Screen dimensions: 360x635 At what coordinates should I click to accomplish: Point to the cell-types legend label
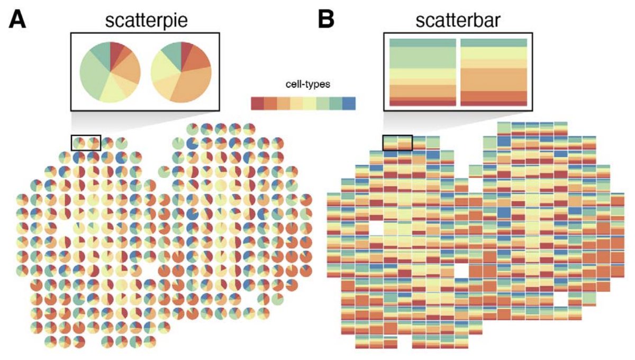tap(303, 85)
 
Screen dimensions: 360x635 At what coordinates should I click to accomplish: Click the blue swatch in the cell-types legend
tap(349, 103)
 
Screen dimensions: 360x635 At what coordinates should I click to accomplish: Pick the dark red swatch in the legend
tap(257, 103)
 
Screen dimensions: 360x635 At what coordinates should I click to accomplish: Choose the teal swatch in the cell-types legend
tap(336, 103)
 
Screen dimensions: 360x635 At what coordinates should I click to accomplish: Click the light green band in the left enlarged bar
tap(422, 58)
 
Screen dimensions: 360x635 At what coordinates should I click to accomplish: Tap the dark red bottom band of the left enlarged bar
tap(422, 103)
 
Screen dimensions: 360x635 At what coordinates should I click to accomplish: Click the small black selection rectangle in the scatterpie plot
tap(86, 142)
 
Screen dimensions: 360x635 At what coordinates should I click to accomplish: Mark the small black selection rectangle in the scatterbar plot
tap(397, 142)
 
